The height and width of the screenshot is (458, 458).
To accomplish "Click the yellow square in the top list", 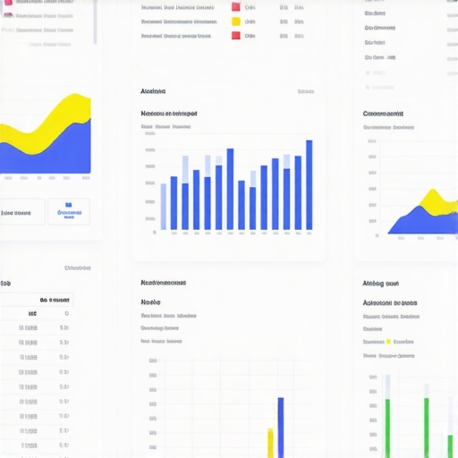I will (235, 21).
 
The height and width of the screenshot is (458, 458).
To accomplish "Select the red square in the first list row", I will (235, 6).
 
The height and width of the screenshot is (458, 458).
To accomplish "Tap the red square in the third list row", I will (235, 36).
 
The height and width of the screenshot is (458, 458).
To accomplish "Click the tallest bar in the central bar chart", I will (309, 185).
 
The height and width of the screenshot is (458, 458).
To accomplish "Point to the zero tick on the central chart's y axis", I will (154, 232).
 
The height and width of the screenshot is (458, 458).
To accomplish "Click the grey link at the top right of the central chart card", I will (305, 91).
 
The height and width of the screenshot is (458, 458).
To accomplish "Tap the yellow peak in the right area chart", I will (433, 196).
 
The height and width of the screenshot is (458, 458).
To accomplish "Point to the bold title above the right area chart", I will (383, 114).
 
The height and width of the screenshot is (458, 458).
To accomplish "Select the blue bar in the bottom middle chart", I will (280, 428).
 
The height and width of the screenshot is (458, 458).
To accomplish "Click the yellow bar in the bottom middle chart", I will (270, 443).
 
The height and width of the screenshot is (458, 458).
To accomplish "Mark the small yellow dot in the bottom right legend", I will (388, 342).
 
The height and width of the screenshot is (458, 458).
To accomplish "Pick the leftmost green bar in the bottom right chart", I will (387, 428).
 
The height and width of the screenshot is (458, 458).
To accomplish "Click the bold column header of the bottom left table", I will (54, 301).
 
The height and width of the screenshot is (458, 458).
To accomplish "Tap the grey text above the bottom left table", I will (78, 267).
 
